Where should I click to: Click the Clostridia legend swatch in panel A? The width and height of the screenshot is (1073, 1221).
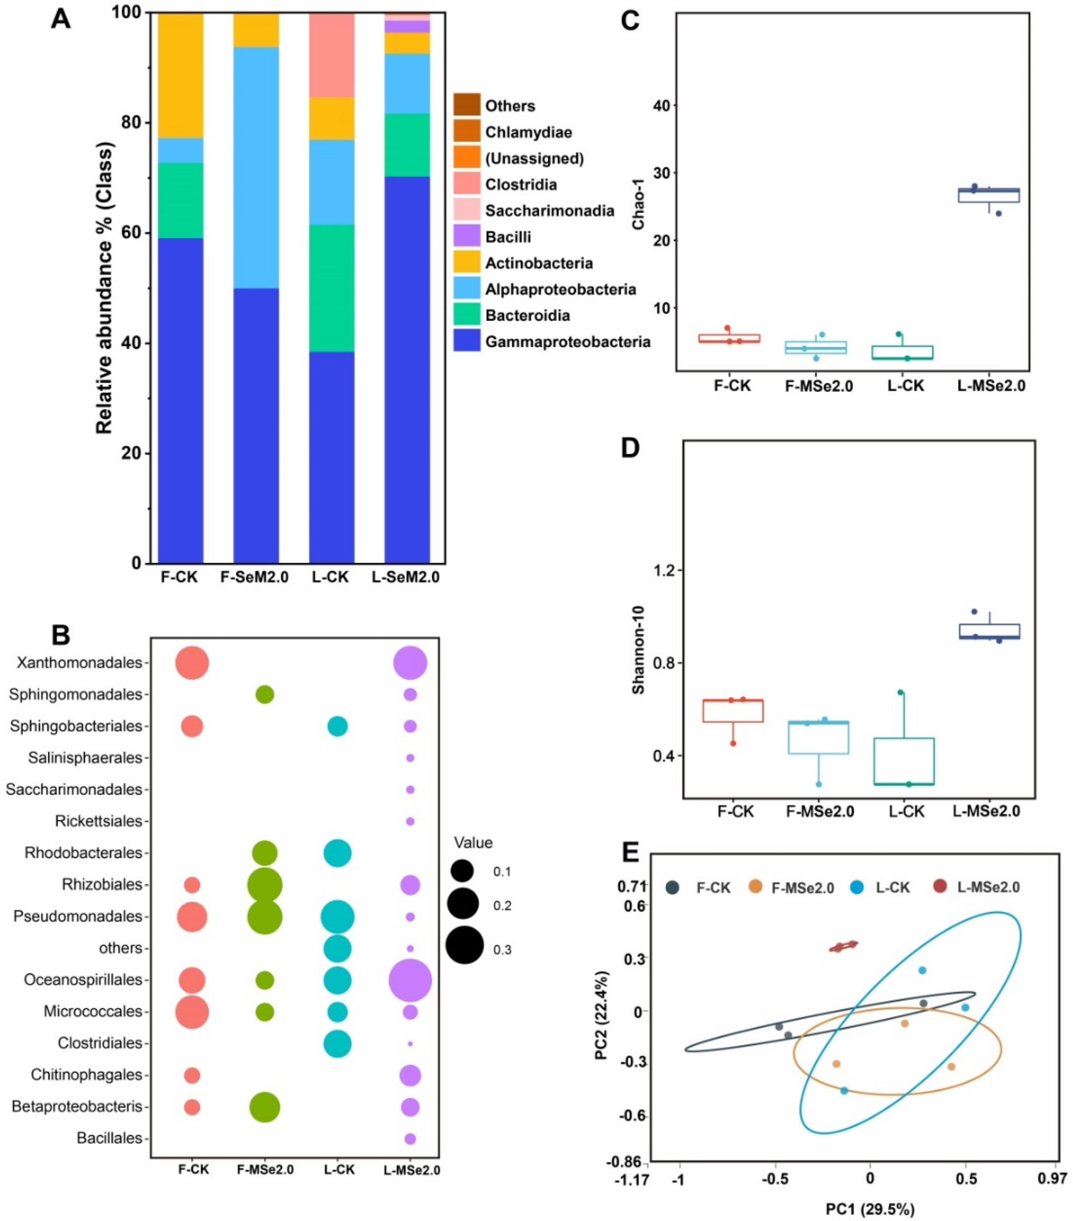click(x=467, y=184)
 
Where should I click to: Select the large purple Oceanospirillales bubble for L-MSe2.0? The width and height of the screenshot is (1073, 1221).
click(x=410, y=980)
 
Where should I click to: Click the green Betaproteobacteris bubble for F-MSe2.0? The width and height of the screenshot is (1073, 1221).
click(x=265, y=1107)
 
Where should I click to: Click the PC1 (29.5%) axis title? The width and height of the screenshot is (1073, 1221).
click(x=870, y=1210)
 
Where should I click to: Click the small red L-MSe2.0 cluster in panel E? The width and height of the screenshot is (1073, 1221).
click(x=843, y=946)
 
